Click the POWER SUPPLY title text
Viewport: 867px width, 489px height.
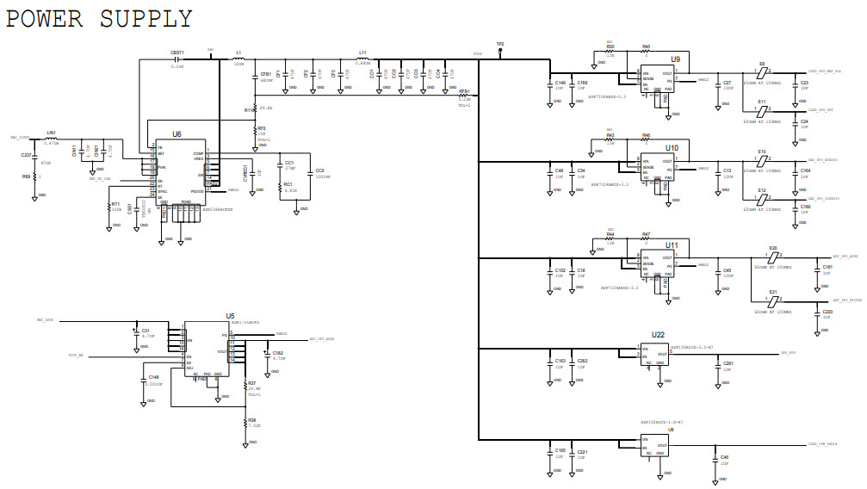pos(100,18)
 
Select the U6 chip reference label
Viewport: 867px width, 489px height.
pos(176,134)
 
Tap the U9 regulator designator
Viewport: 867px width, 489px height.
pos(676,59)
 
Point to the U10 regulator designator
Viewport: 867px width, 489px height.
pos(672,148)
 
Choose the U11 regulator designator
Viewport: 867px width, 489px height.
pos(672,245)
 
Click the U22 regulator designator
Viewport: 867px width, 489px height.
pos(658,334)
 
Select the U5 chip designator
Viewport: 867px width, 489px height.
pos(230,317)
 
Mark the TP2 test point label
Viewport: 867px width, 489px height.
pos(500,43)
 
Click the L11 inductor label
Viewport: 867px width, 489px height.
pos(362,53)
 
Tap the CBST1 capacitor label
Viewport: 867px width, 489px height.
pos(177,53)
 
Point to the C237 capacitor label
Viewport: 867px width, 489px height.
pos(26,155)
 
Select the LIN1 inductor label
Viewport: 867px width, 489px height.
pos(51,133)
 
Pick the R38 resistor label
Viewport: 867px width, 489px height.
pos(252,420)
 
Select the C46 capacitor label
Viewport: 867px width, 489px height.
pos(724,457)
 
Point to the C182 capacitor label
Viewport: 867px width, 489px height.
pos(277,352)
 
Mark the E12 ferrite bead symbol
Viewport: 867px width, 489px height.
pos(762,199)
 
